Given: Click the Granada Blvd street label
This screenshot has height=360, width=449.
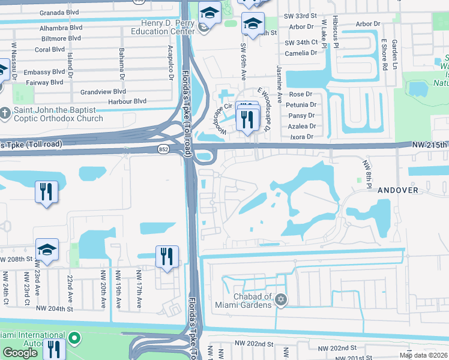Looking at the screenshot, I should pyautogui.click(x=60, y=12).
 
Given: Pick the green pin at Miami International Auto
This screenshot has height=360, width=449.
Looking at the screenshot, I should pyautogui.click(x=74, y=339).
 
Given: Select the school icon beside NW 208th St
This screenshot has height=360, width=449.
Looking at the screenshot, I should pyautogui.click(x=47, y=250).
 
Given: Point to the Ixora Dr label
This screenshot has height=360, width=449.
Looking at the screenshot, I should pyautogui.click(x=301, y=137).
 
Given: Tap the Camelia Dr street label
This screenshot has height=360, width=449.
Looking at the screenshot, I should pyautogui.click(x=301, y=53).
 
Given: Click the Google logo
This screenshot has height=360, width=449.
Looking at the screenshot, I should pyautogui.click(x=20, y=352).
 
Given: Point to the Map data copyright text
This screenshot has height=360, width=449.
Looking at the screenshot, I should pyautogui.click(x=424, y=355).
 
